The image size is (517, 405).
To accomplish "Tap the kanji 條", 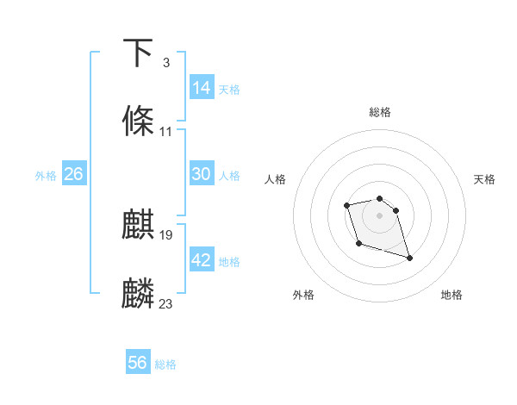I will click(139, 121).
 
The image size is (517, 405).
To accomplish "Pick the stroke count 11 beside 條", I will click(165, 132).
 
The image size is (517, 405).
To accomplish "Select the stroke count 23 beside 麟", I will click(166, 304).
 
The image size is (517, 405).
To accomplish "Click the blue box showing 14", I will click(202, 88).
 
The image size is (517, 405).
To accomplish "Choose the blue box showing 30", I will click(202, 174).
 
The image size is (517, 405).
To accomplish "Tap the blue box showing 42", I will click(202, 260).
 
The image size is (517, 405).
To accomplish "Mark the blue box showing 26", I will click(73, 174).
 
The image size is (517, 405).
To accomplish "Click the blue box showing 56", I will click(138, 363).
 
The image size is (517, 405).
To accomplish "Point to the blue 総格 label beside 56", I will click(165, 364).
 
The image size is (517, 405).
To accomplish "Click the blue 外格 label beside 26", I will click(46, 176).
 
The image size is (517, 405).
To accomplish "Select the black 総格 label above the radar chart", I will click(380, 112).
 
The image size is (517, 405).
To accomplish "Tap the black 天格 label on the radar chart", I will click(485, 179).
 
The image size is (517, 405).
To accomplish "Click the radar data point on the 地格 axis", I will click(409, 258).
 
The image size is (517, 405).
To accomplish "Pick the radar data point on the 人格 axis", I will click(346, 205).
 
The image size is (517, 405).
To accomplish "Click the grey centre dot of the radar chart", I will click(380, 215).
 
